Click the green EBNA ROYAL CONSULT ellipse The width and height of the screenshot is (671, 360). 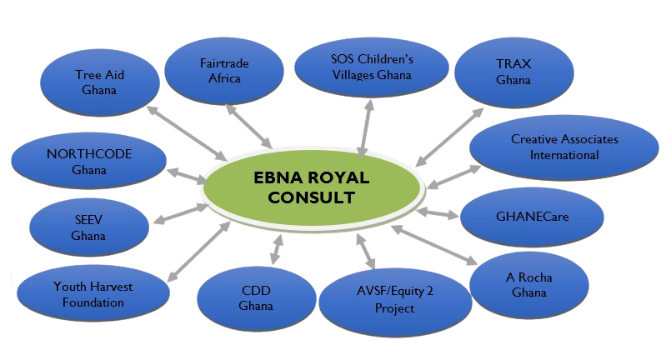point(311,187)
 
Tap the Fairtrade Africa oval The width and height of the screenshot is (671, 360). point(224,71)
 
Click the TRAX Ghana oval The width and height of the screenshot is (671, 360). point(513,72)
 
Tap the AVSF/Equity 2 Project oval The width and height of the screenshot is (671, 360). point(394,297)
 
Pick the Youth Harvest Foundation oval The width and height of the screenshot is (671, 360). point(93,294)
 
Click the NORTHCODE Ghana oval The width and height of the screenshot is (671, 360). point(88,161)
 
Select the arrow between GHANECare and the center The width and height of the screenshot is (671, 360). point(437,214)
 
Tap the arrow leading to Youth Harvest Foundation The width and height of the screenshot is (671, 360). point(199,250)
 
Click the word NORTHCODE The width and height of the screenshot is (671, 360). point(89,153)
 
